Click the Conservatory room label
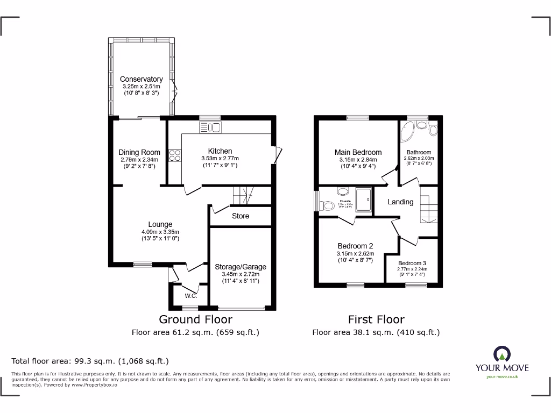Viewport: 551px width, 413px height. click(141, 79)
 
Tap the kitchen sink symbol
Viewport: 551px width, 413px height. click(210, 127)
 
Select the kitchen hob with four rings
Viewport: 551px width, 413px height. click(175, 155)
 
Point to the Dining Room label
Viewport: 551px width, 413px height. click(139, 152)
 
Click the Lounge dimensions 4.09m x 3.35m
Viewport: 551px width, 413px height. click(160, 232)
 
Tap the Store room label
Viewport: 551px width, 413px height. click(241, 216)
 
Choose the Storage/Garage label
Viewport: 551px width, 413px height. click(240, 267)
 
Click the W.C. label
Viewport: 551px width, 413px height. click(190, 296)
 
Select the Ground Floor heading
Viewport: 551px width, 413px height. click(195, 319)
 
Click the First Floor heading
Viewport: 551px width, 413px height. click(376, 319)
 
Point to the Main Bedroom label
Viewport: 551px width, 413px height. click(358, 152)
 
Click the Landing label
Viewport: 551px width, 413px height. click(400, 202)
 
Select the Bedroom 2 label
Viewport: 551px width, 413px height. click(355, 246)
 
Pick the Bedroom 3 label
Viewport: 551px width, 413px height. click(412, 264)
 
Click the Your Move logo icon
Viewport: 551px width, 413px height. click(501, 354)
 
